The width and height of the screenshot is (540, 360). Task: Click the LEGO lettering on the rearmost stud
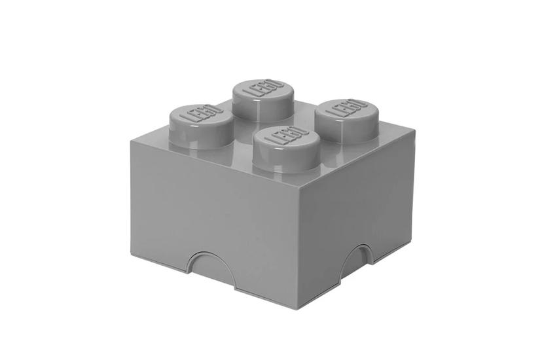[x=261, y=88]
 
